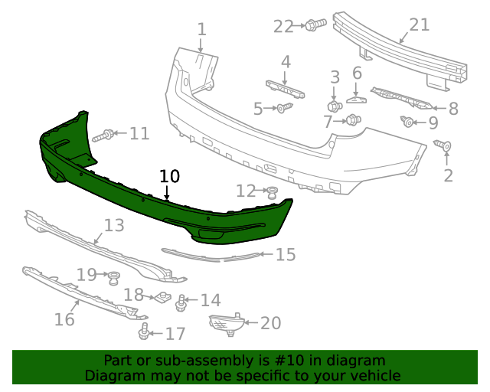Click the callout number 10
click(169, 176)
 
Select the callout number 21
click(419, 25)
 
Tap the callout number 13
click(114, 225)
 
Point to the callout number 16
click(64, 318)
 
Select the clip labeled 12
click(270, 191)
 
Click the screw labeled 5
click(284, 108)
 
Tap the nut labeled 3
click(335, 105)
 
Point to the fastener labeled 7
click(353, 119)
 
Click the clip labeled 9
click(407, 121)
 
